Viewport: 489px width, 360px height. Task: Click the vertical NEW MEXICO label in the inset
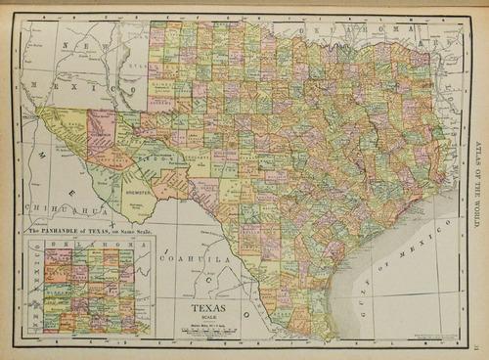click(36, 289)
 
